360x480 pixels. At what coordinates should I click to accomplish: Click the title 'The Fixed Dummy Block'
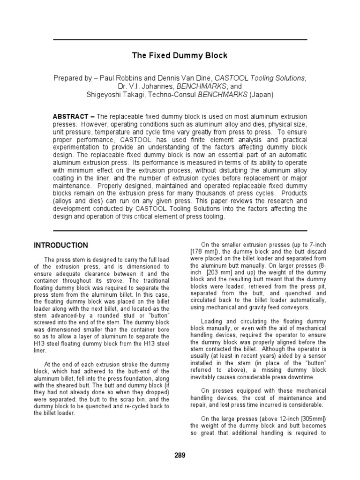(x=180, y=55)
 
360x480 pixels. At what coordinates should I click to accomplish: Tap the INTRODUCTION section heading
(x=60, y=245)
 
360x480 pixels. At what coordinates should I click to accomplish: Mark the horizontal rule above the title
(x=180, y=40)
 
